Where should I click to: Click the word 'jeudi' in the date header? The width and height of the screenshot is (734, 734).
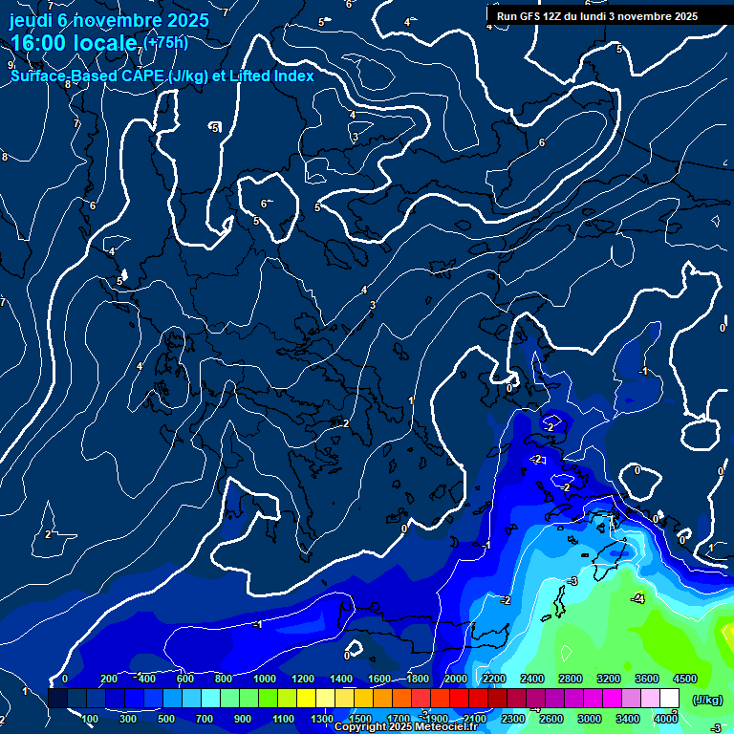pyautogui.click(x=35, y=20)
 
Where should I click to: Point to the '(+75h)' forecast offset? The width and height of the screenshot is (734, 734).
pyautogui.click(x=165, y=41)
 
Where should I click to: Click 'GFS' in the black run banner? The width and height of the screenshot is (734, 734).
pyautogui.click(x=531, y=16)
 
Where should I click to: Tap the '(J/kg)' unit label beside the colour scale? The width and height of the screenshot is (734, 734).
pyautogui.click(x=706, y=700)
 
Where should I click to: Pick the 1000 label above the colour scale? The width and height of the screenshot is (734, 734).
pyautogui.click(x=266, y=679)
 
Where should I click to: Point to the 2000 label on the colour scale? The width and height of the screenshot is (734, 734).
pyautogui.click(x=456, y=679)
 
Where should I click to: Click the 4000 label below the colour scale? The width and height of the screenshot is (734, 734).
pyautogui.click(x=666, y=719)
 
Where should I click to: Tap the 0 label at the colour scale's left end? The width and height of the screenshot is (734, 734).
pyautogui.click(x=65, y=679)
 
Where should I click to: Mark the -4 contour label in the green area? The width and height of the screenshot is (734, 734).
pyautogui.click(x=638, y=598)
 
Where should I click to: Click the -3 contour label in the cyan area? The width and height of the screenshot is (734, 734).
pyautogui.click(x=572, y=581)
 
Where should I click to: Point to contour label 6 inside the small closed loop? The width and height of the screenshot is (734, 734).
pyautogui.click(x=264, y=203)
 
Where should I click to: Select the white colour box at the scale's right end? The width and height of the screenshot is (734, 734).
pyautogui.click(x=669, y=699)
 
